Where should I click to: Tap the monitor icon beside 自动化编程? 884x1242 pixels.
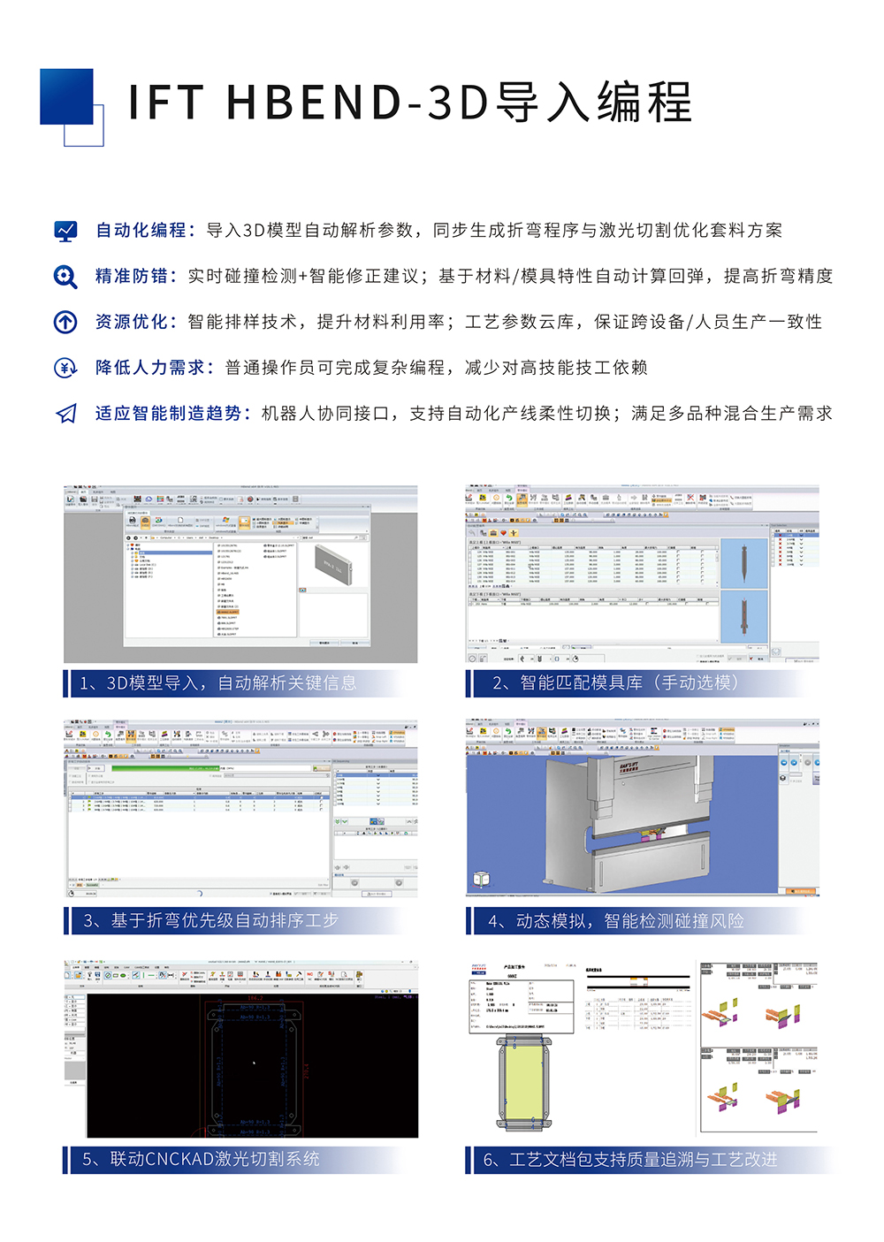(x=65, y=232)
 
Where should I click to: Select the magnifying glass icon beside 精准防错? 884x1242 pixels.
(x=65, y=277)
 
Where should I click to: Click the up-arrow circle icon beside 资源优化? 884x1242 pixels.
(x=65, y=322)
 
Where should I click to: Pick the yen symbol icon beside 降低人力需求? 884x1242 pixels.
(x=65, y=368)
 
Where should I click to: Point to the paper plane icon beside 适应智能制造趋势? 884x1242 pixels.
(x=65, y=414)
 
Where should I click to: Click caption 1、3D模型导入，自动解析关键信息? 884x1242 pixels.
(x=218, y=683)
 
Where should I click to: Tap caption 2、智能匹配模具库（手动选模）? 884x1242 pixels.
(x=615, y=683)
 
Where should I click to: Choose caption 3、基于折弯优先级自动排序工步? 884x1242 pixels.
(x=211, y=921)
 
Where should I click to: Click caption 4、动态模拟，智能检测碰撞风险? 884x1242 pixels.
(x=616, y=921)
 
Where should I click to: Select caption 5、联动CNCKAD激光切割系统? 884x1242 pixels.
(x=201, y=1159)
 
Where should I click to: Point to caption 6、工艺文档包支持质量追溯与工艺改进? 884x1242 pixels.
(x=630, y=1160)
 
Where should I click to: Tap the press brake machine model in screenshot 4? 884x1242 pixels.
(x=628, y=822)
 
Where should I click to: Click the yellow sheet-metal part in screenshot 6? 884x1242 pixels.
(x=524, y=1083)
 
